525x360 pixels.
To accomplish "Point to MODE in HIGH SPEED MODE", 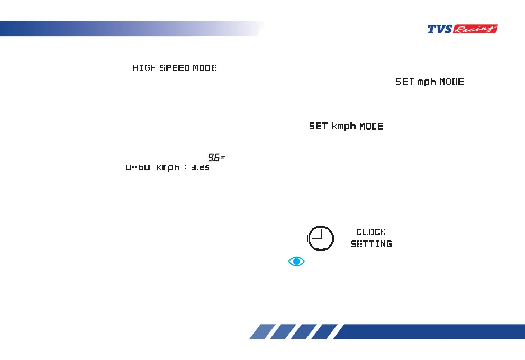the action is point(205,68).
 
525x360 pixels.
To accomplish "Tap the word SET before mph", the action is point(405,82).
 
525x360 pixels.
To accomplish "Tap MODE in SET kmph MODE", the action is point(372,127).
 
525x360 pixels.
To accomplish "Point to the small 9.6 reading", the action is point(214,157).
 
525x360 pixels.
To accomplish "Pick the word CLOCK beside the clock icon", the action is point(371,232).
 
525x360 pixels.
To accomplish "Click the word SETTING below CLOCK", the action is point(372,244).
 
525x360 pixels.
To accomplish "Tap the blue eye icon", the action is point(297,261).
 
